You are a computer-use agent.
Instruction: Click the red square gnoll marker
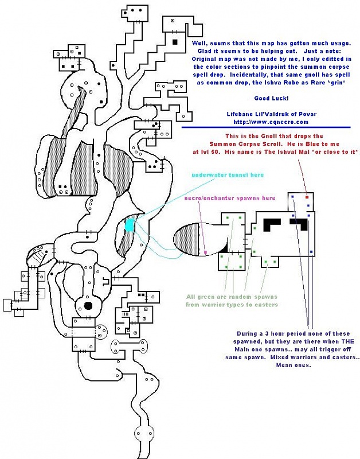tap(307, 197)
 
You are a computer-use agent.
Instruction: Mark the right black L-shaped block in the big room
tap(299, 224)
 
